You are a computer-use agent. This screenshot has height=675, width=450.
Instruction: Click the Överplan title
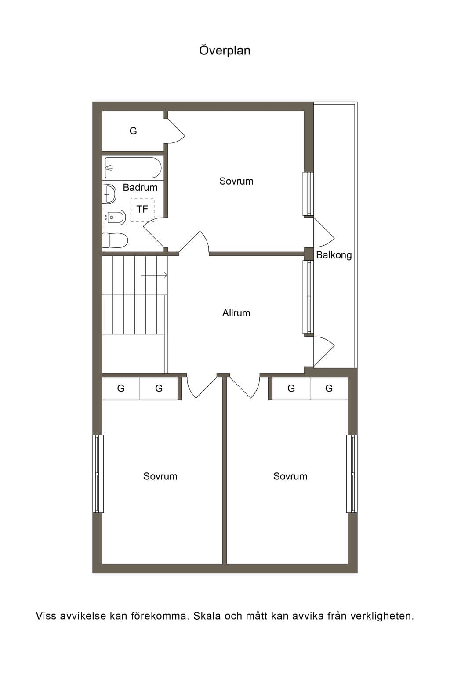(225, 51)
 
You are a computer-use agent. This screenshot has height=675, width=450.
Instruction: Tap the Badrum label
(140, 188)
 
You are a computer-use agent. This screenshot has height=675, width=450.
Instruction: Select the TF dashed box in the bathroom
(142, 210)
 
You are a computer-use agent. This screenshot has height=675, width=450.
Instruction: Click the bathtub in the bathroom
(133, 168)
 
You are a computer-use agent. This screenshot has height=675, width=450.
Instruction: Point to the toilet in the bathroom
(115, 240)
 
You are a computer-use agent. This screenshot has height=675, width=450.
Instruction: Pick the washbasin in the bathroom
(109, 194)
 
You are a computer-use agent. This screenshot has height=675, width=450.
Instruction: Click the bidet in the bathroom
(114, 217)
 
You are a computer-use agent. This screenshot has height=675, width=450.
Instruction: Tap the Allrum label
(236, 313)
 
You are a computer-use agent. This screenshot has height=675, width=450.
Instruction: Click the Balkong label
(334, 255)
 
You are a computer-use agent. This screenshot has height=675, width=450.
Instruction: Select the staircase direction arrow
(154, 275)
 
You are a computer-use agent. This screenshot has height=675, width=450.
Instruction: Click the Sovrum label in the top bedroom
(236, 181)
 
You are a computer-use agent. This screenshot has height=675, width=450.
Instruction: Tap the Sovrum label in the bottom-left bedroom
(160, 476)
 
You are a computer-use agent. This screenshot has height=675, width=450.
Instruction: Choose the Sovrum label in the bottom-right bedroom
(290, 476)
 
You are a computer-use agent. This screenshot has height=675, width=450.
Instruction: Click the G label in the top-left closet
(133, 131)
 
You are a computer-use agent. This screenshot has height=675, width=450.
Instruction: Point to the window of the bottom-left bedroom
(98, 474)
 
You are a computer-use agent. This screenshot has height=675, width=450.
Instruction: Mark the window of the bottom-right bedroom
(352, 474)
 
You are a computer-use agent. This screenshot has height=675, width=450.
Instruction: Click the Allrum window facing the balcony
(308, 297)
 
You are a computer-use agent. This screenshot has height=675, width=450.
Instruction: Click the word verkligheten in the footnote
(382, 616)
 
